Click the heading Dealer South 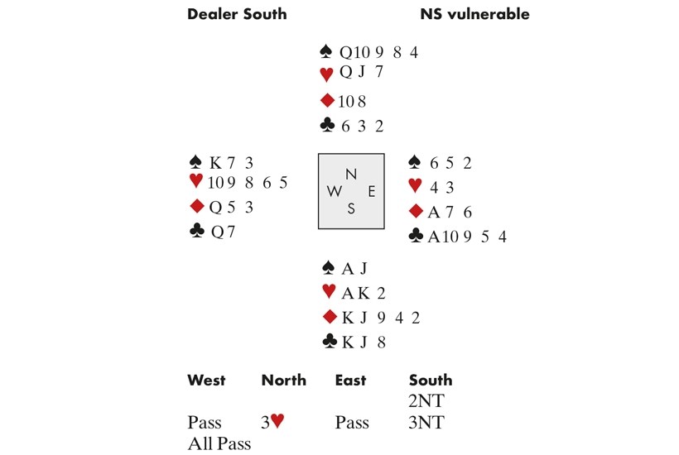click(237, 14)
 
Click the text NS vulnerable click(474, 14)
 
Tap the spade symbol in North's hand click(326, 51)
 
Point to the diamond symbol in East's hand click(417, 213)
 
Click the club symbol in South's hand click(328, 341)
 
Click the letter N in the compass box click(351, 175)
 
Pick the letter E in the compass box click(372, 191)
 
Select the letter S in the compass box click(351, 208)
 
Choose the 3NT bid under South click(426, 423)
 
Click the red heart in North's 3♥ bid click(277, 423)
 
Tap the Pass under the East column click(352, 423)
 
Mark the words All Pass click(219, 443)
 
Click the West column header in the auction click(206, 381)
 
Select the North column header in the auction click(283, 381)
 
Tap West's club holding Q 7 click(224, 232)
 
